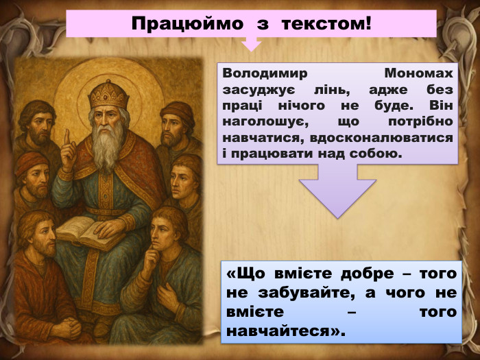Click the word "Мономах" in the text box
(419, 73)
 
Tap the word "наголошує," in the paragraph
(260, 122)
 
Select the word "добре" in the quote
(359, 274)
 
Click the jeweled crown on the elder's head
(108, 94)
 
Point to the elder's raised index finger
(66, 139)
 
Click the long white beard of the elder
(108, 147)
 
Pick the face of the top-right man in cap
(175, 125)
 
